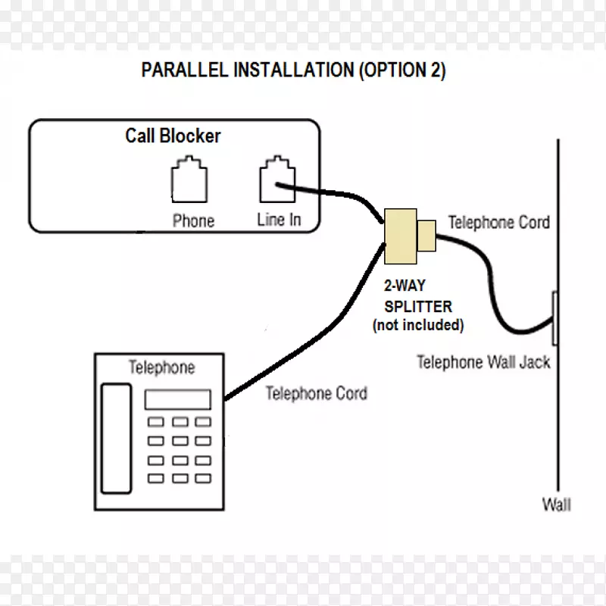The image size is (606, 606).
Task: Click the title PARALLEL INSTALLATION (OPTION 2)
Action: tap(294, 71)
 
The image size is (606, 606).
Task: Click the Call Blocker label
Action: tap(173, 136)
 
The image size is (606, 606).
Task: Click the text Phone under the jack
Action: tap(193, 220)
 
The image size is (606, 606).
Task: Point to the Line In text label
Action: tap(279, 220)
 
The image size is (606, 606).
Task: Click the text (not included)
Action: tap(417, 326)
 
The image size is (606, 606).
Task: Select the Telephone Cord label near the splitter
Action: tap(498, 223)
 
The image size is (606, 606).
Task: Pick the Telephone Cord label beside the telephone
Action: tap(317, 393)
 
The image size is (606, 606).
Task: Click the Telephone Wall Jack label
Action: tap(483, 362)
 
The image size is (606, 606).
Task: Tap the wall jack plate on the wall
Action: tap(555, 319)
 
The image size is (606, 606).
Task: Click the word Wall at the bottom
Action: tap(556, 504)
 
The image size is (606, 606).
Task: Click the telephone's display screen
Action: tap(177, 399)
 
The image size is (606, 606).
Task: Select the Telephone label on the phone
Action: tap(161, 368)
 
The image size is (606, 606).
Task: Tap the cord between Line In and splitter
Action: tap(333, 196)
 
